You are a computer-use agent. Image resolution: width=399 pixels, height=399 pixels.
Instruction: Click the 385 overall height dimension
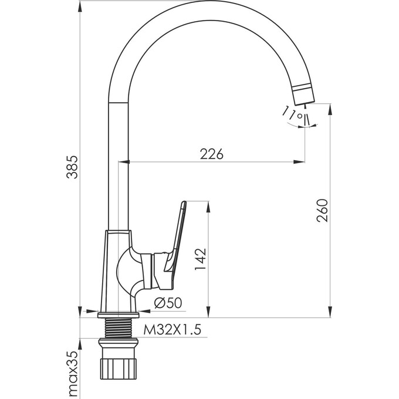coord(72,167)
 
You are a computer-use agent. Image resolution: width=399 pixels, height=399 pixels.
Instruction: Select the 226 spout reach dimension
coord(211,154)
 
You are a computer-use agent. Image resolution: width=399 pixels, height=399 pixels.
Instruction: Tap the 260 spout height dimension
coord(322,211)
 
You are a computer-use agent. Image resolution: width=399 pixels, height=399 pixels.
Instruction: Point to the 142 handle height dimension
coord(200,259)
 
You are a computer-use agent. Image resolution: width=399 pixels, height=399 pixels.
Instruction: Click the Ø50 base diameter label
coord(168,303)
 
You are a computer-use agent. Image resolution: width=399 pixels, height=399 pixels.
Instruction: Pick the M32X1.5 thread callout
coord(173,330)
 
